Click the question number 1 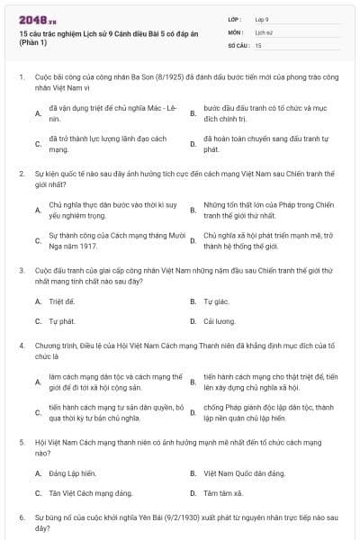[x=21, y=78]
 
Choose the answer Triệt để [x=61, y=301]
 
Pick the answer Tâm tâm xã [x=223, y=492]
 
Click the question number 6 [x=21, y=519]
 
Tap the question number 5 [x=21, y=444]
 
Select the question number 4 [x=21, y=345]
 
